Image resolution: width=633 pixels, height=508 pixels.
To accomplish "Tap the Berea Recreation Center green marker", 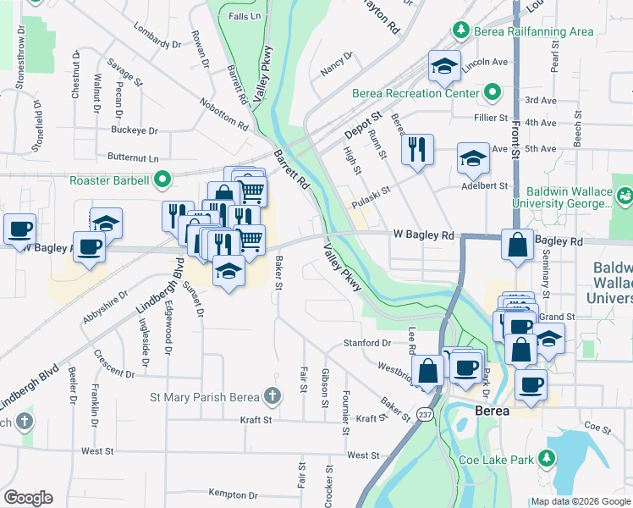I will (493, 93).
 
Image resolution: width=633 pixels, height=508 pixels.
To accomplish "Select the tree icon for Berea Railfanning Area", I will (461, 31).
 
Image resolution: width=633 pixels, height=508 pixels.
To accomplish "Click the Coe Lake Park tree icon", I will (547, 459).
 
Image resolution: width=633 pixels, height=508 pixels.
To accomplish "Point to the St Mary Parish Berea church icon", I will (272, 396).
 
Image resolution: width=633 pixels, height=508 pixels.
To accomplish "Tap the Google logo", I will (28, 498).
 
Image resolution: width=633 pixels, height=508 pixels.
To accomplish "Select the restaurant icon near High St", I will (416, 149).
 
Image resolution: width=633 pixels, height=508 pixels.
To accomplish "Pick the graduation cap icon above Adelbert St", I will (473, 157).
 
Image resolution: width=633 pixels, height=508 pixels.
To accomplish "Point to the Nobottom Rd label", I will (223, 113).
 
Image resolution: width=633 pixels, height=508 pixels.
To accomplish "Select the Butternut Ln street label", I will (133, 158).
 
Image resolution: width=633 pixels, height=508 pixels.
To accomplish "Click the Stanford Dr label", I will (366, 344).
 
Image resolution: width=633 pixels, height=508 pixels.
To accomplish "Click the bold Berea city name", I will (493, 411).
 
